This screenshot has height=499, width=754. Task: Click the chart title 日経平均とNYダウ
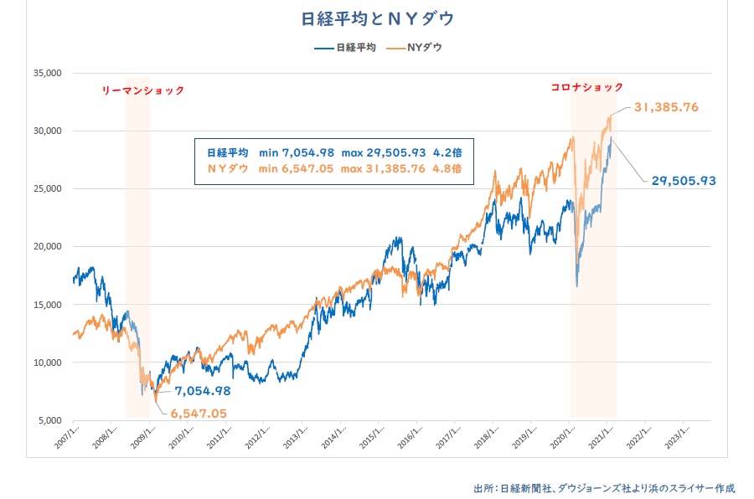[x=377, y=18]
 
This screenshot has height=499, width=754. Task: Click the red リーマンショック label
[x=142, y=90]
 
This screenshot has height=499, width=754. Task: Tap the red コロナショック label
[x=586, y=87]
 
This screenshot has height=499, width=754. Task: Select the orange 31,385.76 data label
[x=667, y=108]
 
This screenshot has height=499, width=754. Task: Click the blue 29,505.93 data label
[x=684, y=180]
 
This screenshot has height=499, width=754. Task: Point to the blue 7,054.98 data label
[x=203, y=390]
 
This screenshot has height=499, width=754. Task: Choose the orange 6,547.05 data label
[x=199, y=413]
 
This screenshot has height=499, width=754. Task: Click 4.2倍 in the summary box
[x=447, y=152]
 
